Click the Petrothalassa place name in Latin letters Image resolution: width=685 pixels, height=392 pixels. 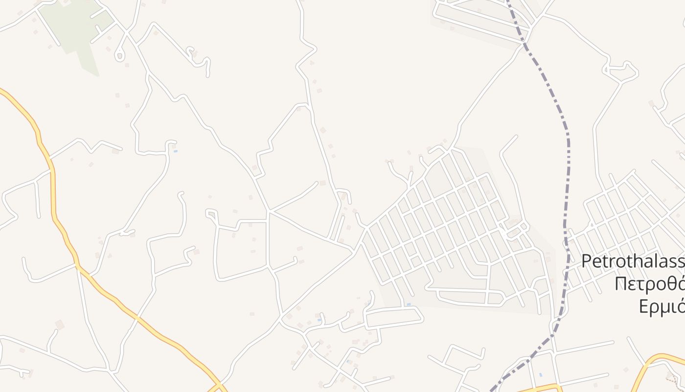point(634,262)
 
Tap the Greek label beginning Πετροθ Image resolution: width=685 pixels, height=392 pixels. point(650,284)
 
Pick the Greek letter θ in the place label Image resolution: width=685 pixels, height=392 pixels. point(673,284)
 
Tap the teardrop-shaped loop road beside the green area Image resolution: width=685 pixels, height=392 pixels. point(119,54)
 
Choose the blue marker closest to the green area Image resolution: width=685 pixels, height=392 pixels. point(175,151)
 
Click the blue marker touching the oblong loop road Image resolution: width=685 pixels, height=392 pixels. point(409,305)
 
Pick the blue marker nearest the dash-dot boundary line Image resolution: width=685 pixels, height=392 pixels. point(540,375)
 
